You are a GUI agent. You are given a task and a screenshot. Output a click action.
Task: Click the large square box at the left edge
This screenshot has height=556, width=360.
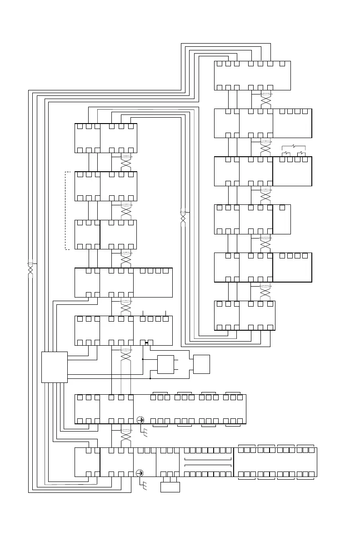[x=54, y=367]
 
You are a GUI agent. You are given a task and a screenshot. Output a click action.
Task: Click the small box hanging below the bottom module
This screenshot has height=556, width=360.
[x=170, y=487]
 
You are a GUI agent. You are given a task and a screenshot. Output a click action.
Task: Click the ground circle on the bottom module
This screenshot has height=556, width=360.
[x=141, y=473]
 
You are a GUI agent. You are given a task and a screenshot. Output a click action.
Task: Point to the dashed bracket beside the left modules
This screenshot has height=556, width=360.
[x=67, y=210]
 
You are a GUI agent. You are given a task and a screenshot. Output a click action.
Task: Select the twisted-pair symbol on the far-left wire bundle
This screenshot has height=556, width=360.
[x=30, y=268]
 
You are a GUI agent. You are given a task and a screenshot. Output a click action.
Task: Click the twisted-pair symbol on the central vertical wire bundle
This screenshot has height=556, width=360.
[x=183, y=216]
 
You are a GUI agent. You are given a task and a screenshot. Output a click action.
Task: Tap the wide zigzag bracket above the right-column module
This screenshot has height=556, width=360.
[x=294, y=147]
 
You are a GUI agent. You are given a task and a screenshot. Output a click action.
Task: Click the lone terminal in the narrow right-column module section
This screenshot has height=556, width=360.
[x=282, y=208]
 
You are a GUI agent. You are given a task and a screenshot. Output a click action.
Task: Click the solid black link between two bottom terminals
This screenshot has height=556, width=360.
[x=146, y=342]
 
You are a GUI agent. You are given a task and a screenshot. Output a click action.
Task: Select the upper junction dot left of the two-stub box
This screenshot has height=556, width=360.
[x=143, y=359]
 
